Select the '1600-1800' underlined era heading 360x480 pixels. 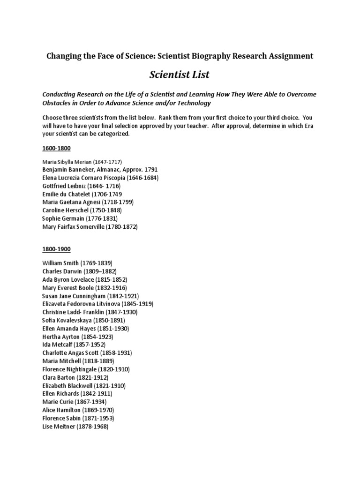tap(56, 149)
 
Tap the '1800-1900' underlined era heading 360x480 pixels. tap(56, 249)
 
